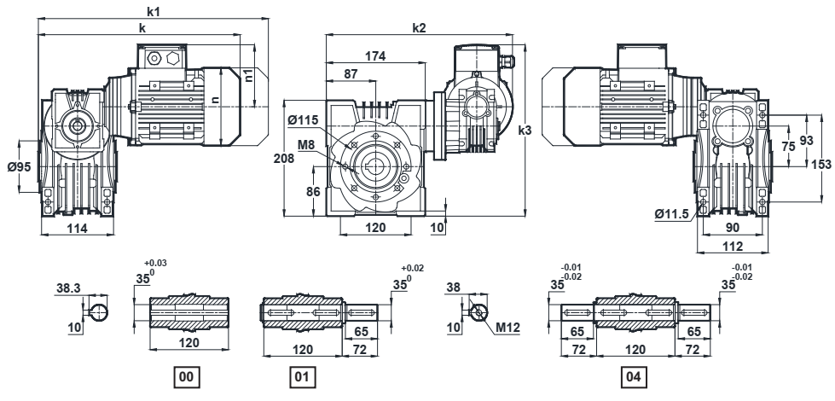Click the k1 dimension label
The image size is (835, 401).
pyautogui.click(x=154, y=10)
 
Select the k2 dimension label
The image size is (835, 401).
pyautogui.click(x=419, y=28)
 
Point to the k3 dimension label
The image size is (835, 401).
pyautogui.click(x=525, y=131)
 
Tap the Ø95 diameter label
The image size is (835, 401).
pyautogui.click(x=19, y=167)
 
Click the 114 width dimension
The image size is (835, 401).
pyautogui.click(x=78, y=228)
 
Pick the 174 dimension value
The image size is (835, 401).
pyautogui.click(x=375, y=55)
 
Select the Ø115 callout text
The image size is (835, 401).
pyautogui.click(x=303, y=120)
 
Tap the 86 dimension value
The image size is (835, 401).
pyautogui.click(x=313, y=190)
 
